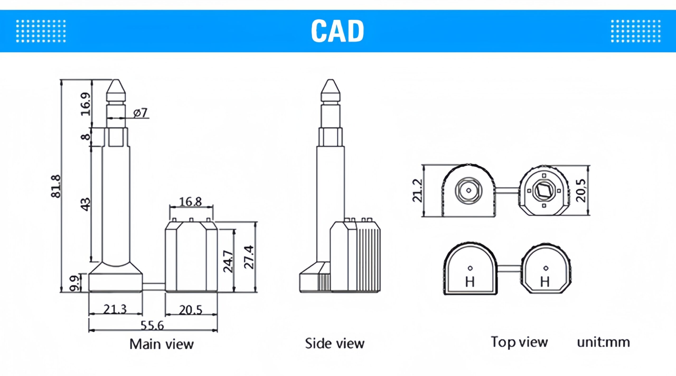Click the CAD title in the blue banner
click(x=337, y=31)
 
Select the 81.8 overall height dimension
click(x=56, y=186)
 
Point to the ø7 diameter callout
click(x=140, y=113)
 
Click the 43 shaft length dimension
click(x=86, y=204)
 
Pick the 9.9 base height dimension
click(x=74, y=283)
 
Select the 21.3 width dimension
click(x=115, y=309)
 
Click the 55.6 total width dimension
click(x=152, y=325)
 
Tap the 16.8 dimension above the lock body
click(x=190, y=202)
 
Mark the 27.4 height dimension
click(x=249, y=257)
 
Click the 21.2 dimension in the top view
click(x=417, y=190)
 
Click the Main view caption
click(x=162, y=344)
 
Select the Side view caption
click(x=335, y=343)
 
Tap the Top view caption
click(x=519, y=342)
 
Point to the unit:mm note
click(x=603, y=342)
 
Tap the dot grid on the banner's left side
click(x=41, y=31)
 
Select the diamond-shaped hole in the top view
click(x=544, y=190)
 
